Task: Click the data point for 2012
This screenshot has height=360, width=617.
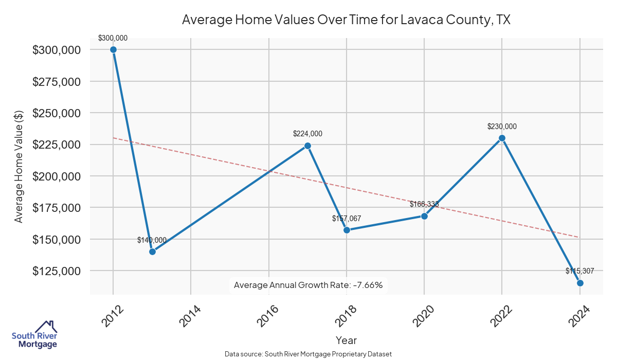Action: tap(113, 49)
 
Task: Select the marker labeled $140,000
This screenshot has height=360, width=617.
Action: tap(152, 251)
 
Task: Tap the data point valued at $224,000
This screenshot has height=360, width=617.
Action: tap(307, 146)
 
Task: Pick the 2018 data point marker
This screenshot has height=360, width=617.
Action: tap(347, 230)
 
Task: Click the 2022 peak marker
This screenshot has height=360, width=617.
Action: tap(502, 138)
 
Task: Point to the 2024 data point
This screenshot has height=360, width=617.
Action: tap(580, 283)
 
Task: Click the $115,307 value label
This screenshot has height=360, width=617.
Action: tap(579, 271)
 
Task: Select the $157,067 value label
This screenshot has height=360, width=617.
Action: tap(347, 219)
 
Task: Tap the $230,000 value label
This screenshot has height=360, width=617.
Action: tap(502, 127)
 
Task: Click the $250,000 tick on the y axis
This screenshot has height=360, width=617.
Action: tap(57, 113)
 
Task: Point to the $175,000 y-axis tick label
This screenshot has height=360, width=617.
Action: tap(57, 208)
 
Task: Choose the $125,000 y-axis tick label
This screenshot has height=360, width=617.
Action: tap(57, 271)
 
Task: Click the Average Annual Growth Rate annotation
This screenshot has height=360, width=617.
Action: tap(308, 285)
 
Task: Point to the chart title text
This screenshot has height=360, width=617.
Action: tap(346, 20)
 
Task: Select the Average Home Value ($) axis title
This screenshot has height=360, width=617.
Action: tap(19, 166)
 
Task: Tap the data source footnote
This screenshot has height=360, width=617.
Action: tap(308, 354)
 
